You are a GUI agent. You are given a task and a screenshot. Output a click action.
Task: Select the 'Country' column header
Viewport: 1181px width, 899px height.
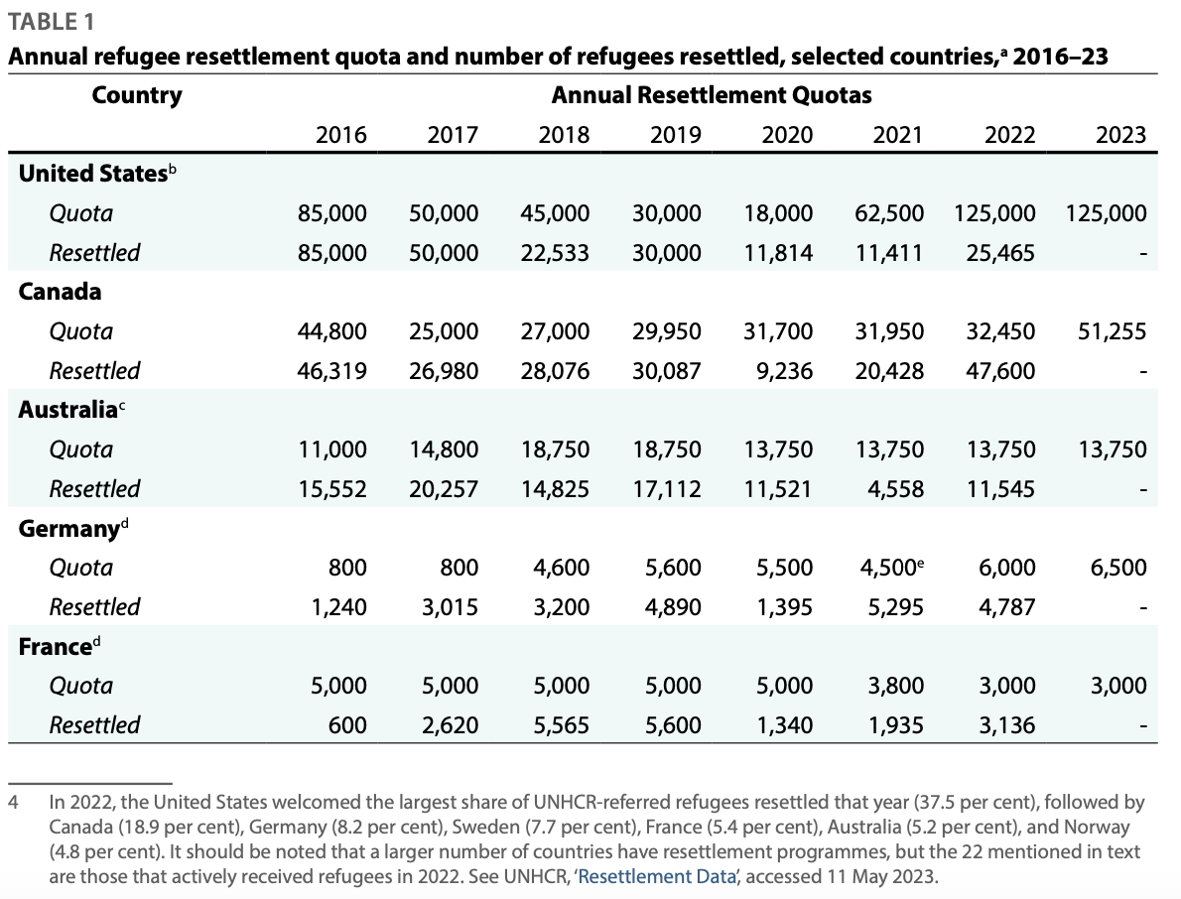click(137, 95)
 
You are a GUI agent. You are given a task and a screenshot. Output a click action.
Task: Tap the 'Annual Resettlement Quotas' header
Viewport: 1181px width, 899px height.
click(712, 95)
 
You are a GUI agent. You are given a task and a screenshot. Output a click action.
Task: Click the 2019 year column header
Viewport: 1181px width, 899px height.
click(675, 135)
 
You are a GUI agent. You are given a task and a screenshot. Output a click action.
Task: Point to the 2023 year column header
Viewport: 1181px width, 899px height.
click(1120, 135)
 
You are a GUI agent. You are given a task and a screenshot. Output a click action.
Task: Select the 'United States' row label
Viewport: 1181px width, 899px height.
click(92, 174)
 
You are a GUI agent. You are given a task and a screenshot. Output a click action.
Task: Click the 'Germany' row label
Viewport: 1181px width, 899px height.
click(68, 528)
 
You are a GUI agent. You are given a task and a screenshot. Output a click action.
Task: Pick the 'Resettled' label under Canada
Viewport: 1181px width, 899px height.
click(94, 370)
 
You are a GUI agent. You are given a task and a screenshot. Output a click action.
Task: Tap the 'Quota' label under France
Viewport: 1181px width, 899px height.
click(81, 686)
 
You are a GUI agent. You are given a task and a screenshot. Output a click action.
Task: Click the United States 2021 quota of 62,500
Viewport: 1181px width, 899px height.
click(889, 213)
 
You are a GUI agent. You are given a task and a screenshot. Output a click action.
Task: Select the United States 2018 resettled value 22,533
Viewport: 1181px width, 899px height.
click(555, 253)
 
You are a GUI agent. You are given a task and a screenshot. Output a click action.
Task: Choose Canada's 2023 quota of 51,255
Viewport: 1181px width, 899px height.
click(1112, 331)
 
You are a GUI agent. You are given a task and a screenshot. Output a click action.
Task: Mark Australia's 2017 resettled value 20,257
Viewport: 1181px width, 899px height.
click(444, 488)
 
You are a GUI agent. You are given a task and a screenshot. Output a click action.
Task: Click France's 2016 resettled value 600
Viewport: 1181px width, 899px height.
click(347, 724)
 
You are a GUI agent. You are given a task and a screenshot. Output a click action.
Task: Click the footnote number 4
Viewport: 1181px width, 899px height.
click(13, 802)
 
